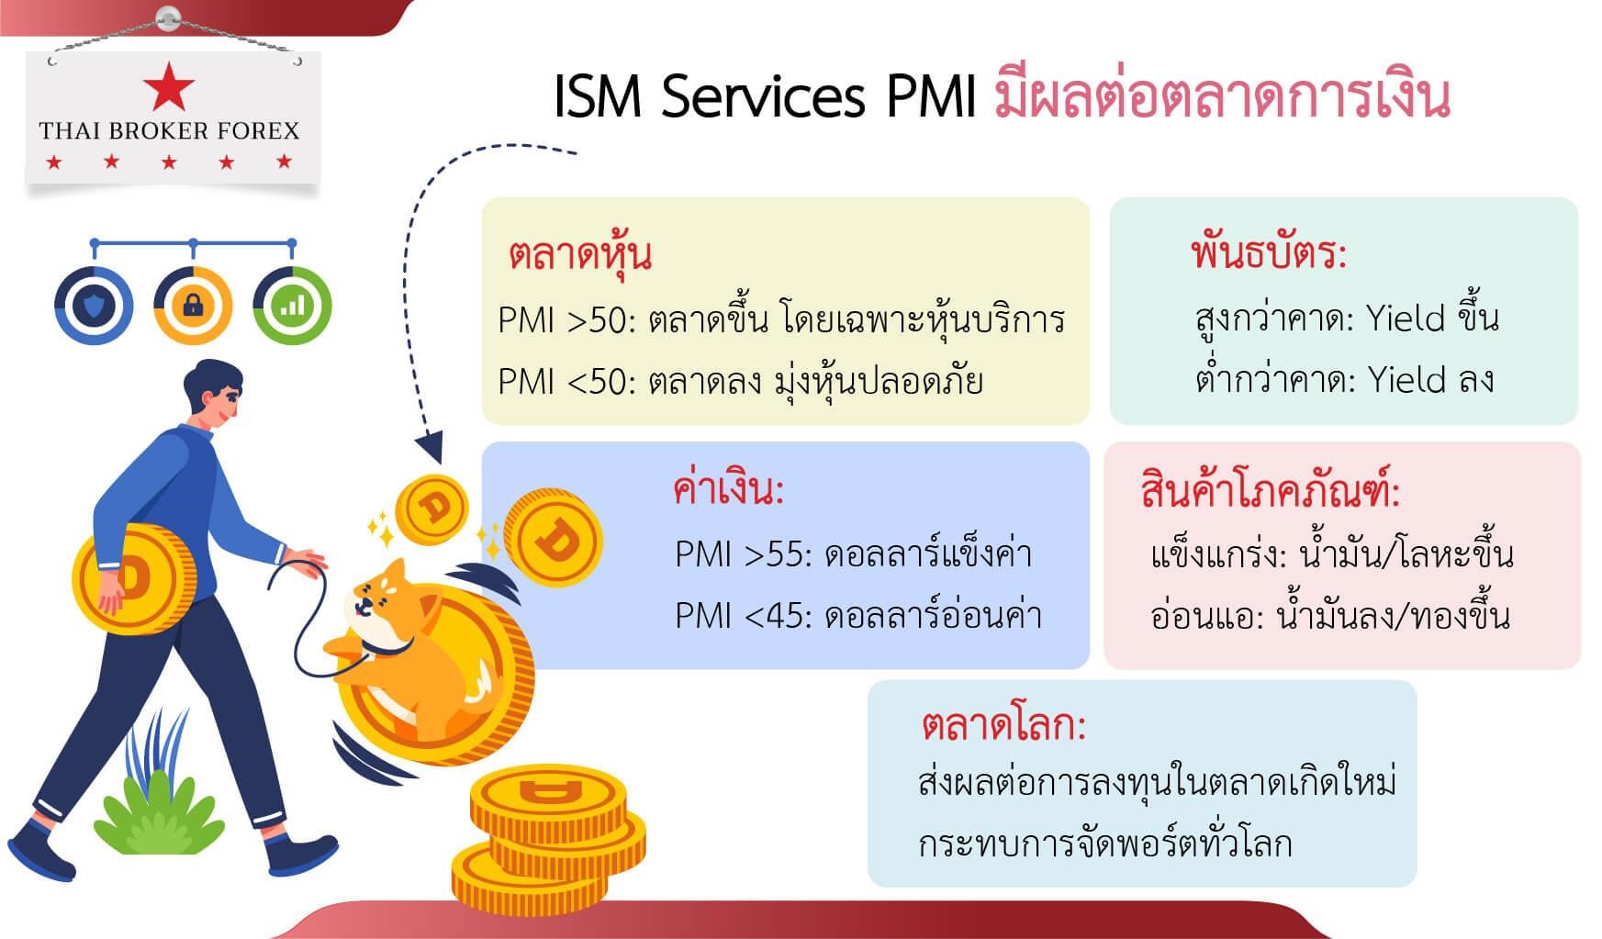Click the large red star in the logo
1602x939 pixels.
click(169, 86)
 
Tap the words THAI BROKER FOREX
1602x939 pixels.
click(170, 131)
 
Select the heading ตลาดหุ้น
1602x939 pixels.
click(580, 254)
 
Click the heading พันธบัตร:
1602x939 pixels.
click(1268, 252)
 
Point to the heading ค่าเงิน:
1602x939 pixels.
click(728, 490)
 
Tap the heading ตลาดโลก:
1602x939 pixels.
click(1003, 726)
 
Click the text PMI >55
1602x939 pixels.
click(743, 554)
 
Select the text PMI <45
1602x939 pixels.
click(743, 615)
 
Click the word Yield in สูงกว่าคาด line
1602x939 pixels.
click(1406, 319)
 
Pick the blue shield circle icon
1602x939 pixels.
click(94, 306)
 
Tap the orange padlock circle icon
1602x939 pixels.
click(193, 306)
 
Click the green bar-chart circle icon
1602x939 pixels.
click(292, 306)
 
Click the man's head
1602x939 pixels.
click(213, 395)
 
